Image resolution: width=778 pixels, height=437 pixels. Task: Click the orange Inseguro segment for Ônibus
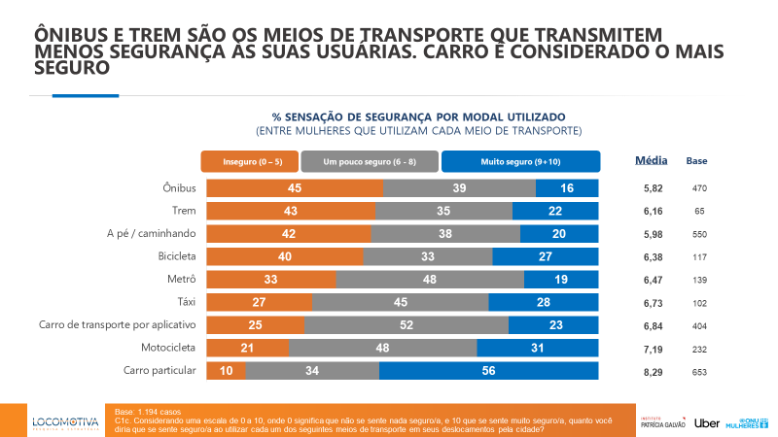(292, 187)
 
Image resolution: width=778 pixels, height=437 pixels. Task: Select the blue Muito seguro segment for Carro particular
(490, 370)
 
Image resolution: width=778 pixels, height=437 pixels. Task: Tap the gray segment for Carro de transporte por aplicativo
(407, 324)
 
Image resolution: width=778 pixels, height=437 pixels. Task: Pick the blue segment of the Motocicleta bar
(539, 348)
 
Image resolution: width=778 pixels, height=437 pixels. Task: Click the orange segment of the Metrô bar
(267, 279)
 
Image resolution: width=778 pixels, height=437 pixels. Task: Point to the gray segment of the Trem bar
(442, 211)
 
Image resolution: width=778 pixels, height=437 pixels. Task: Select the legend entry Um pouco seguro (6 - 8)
(370, 160)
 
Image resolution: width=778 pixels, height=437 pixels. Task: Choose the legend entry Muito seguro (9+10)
(520, 160)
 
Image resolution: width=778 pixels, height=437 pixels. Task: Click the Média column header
(651, 159)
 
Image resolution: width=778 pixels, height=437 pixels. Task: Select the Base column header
(697, 160)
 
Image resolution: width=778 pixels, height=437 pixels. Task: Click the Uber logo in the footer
(706, 422)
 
